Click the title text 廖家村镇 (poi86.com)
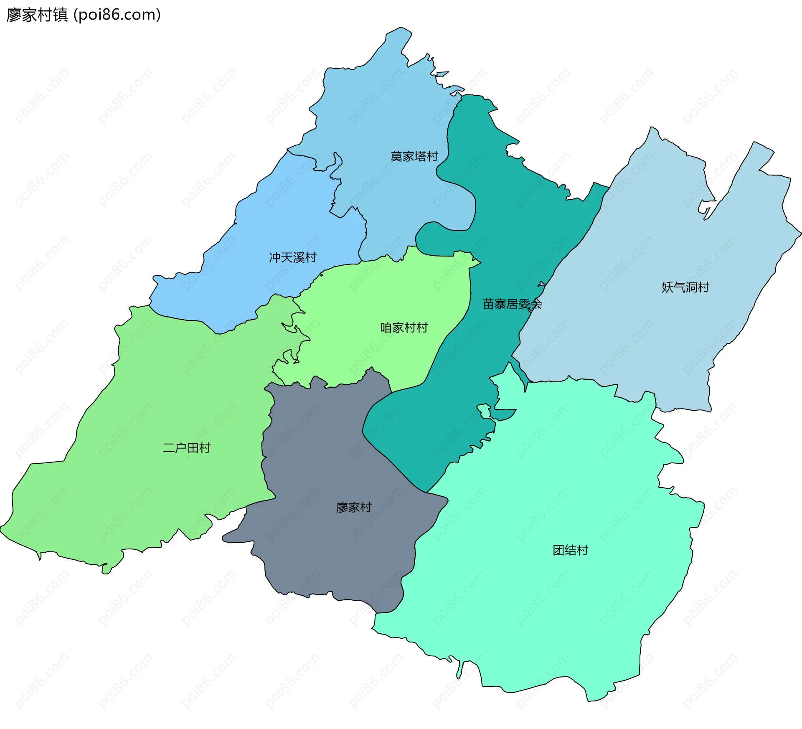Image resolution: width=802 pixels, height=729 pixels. click(x=84, y=15)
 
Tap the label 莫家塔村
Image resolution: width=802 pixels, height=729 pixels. click(x=414, y=157)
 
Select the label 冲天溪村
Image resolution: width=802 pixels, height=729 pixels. click(x=292, y=258)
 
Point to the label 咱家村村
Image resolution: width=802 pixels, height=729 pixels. click(x=404, y=328)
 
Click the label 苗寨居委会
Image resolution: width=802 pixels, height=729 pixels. click(x=512, y=304)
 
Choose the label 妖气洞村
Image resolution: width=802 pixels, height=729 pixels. click(x=685, y=287)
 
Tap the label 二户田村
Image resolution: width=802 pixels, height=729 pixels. click(x=187, y=448)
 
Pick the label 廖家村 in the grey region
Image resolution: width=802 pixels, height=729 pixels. click(x=354, y=508)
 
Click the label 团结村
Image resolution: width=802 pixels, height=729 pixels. click(x=570, y=551)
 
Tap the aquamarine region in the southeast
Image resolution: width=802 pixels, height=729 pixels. click(x=543, y=606)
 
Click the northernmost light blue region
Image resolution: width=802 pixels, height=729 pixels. click(x=376, y=104)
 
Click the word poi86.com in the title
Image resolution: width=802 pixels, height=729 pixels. click(x=117, y=15)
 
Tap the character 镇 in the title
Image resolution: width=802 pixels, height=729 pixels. click(x=61, y=15)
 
